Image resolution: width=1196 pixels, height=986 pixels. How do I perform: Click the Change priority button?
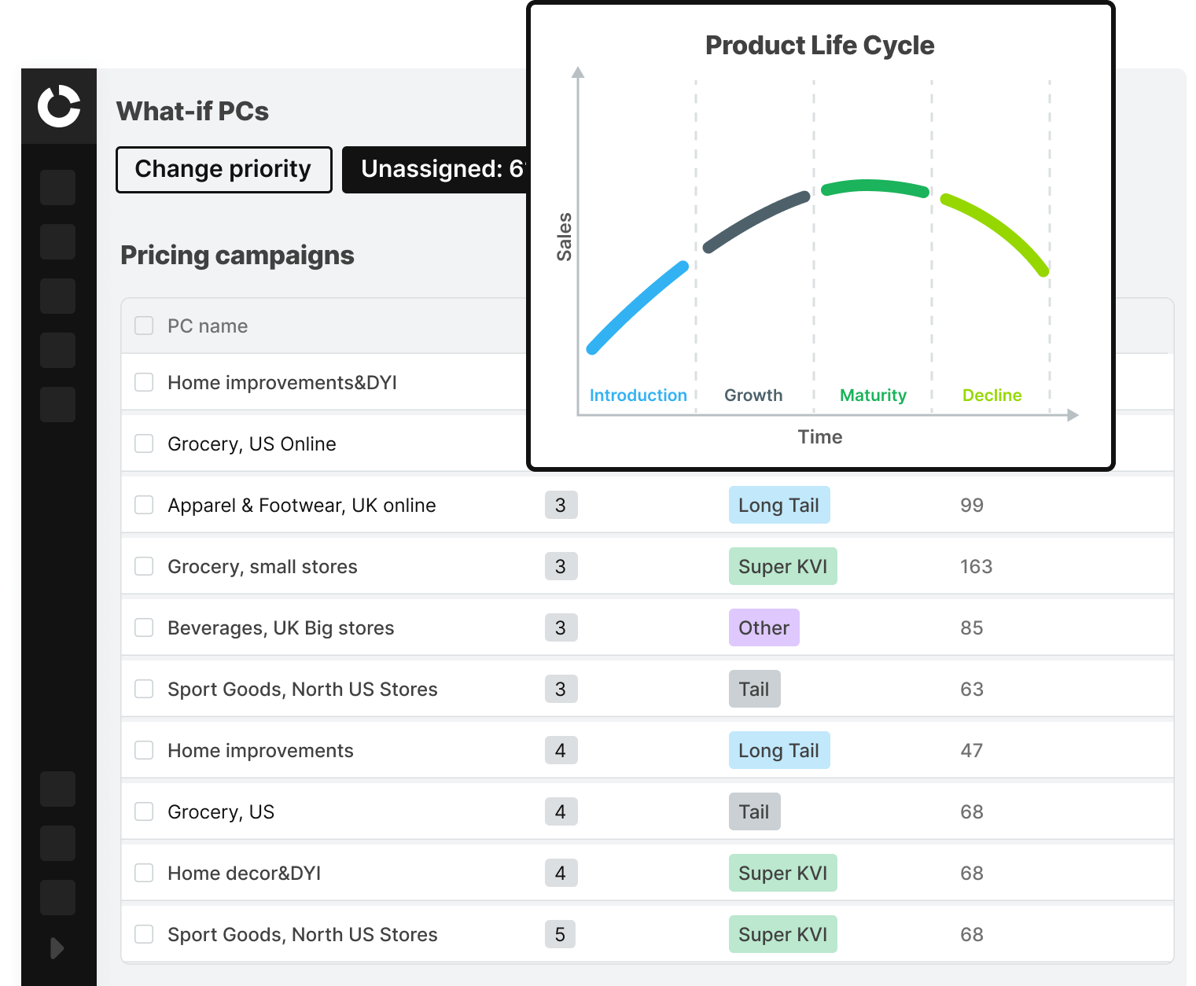223,170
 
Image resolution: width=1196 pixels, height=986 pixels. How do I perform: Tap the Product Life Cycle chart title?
819,46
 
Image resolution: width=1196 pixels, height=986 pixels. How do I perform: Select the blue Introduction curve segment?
637,307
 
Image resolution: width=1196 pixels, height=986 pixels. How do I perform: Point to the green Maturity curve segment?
875,187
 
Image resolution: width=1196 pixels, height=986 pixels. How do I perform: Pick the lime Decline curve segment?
999,228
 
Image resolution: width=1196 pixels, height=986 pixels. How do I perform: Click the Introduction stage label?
638,396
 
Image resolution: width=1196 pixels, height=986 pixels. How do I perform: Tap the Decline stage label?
992,396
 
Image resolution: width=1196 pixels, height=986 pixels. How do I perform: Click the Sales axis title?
564,237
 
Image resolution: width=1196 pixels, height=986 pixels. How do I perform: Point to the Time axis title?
819,437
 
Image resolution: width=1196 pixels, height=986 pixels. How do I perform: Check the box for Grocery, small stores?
144,567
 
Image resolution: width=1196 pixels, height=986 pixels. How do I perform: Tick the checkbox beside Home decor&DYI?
144,874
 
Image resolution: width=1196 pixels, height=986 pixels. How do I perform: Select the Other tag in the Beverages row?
764,628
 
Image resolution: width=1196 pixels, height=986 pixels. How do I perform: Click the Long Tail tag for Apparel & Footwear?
778,506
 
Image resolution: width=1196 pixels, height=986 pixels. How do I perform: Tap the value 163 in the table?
976,567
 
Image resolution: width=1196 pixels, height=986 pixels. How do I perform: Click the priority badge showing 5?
560,935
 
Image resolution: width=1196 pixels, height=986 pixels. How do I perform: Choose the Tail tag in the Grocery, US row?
754,812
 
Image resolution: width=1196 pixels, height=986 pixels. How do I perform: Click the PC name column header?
208,326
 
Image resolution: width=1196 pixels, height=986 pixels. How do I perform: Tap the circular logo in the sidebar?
59,106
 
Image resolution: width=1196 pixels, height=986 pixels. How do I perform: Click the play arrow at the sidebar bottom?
57,948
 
